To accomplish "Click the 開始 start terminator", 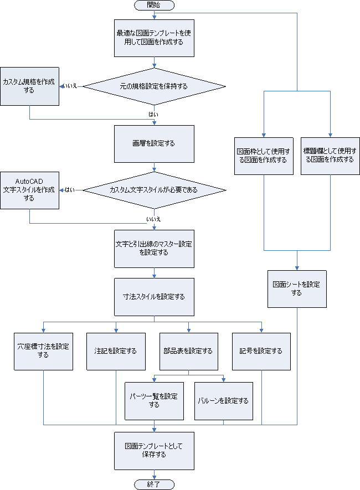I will pyautogui.click(x=154, y=5).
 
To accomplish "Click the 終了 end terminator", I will pyautogui.click(x=154, y=484).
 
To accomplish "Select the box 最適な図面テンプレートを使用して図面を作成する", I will pyautogui.click(x=154, y=38).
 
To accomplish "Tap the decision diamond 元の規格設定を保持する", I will pyautogui.click(x=154, y=86).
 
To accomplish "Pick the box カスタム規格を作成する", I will pyautogui.click(x=29, y=86).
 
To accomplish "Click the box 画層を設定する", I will pyautogui.click(x=154, y=143).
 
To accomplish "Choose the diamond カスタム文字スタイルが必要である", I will pyautogui.click(x=154, y=190).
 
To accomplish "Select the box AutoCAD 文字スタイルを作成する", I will pyautogui.click(x=29, y=190).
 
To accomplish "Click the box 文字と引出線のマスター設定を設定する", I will pyautogui.click(x=154, y=248).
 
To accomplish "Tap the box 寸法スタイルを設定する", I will pyautogui.click(x=154, y=296).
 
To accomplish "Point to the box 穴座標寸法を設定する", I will pyautogui.click(x=44, y=351).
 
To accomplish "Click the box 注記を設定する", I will pyautogui.click(x=116, y=351).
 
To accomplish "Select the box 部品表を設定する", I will pyautogui.click(x=188, y=351).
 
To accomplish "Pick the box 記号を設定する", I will pyautogui.click(x=261, y=351).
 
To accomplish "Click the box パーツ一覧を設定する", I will pyautogui.click(x=154, y=400).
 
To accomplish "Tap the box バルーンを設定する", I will pyautogui.click(x=223, y=400).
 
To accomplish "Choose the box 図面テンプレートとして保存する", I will pyautogui.click(x=154, y=450).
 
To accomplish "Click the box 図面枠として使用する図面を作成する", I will pyautogui.click(x=263, y=155).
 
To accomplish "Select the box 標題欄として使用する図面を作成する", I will pyautogui.click(x=330, y=155).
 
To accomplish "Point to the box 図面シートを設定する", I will pyautogui.click(x=297, y=288).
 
